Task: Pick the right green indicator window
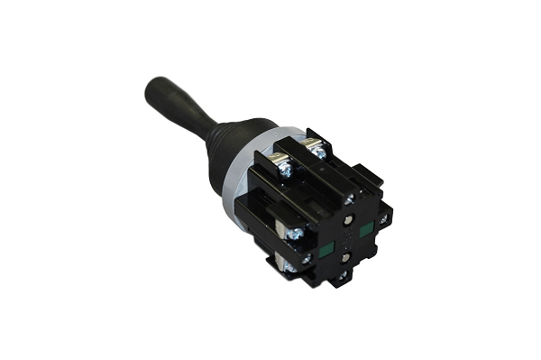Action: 367,231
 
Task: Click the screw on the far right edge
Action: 384,217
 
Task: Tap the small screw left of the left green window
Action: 306,257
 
